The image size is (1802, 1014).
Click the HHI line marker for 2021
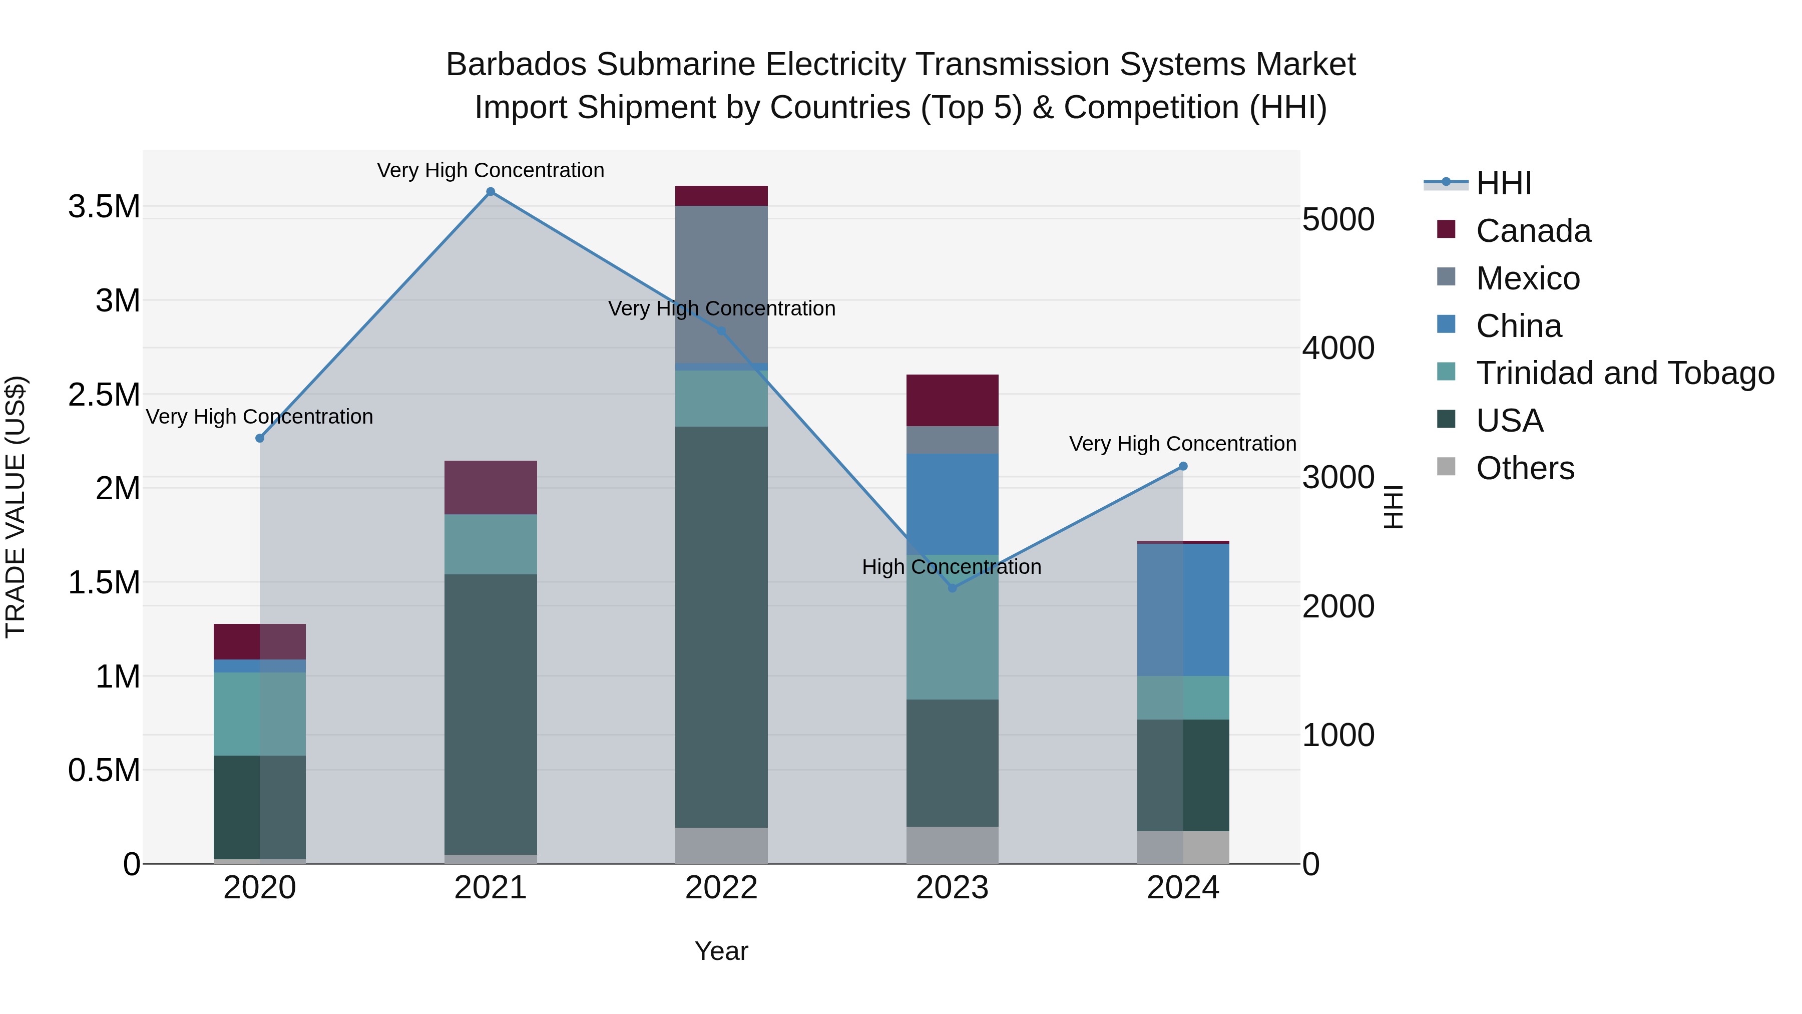tap(491, 192)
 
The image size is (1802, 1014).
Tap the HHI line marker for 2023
tap(952, 588)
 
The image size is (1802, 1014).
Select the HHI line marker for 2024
tap(1183, 466)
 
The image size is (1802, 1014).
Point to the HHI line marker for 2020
tap(259, 438)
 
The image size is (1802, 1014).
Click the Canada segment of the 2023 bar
tap(952, 400)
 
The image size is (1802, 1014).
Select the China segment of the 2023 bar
tap(952, 504)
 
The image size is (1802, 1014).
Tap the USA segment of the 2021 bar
tap(491, 714)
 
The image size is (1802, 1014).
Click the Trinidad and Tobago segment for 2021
tap(491, 544)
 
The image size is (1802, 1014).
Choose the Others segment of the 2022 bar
tap(721, 845)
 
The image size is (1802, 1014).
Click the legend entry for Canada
tap(1533, 231)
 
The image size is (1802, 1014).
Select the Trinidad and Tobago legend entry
tap(1624, 373)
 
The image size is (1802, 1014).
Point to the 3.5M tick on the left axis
tap(104, 207)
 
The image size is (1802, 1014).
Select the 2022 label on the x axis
tap(721, 888)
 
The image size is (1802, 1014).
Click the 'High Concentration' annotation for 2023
tap(952, 567)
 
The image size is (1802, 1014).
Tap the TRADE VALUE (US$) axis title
tap(16, 507)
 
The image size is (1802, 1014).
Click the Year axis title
tap(721, 951)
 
